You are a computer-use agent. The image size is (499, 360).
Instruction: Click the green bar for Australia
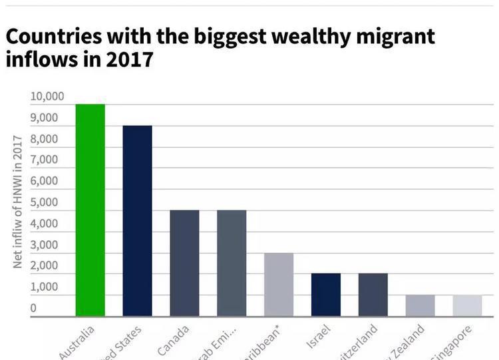(x=90, y=210)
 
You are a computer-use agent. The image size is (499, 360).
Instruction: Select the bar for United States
(x=137, y=220)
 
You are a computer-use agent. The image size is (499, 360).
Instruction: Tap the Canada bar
(x=184, y=263)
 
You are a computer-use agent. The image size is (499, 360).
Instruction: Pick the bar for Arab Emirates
(x=232, y=263)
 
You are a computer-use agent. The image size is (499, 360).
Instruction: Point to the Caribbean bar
(x=279, y=284)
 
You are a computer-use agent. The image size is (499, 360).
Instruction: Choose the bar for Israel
(x=326, y=295)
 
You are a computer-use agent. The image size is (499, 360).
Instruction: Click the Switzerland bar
(x=373, y=295)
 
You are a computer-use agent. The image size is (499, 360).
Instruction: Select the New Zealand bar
(x=420, y=305)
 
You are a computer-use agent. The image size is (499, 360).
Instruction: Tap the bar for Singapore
(x=468, y=305)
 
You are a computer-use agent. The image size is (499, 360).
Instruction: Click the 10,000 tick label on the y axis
(x=47, y=97)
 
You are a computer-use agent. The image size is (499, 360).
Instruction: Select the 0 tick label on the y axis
(x=33, y=308)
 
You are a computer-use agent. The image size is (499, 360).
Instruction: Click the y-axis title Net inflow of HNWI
(x=19, y=202)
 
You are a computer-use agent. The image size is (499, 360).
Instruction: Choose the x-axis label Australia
(x=78, y=343)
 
